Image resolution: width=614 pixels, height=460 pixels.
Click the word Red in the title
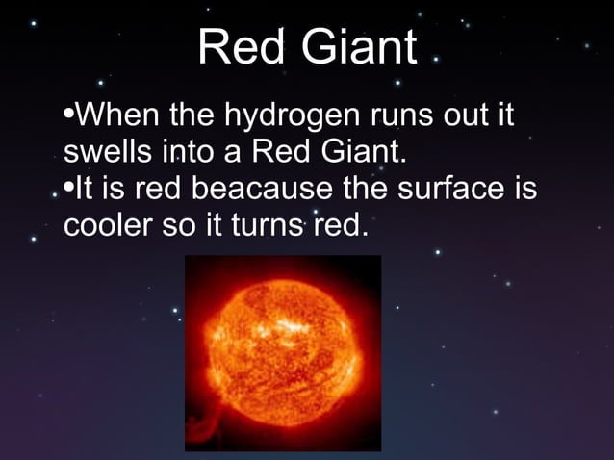click(235, 47)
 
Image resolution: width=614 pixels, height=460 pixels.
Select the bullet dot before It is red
click(66, 189)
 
